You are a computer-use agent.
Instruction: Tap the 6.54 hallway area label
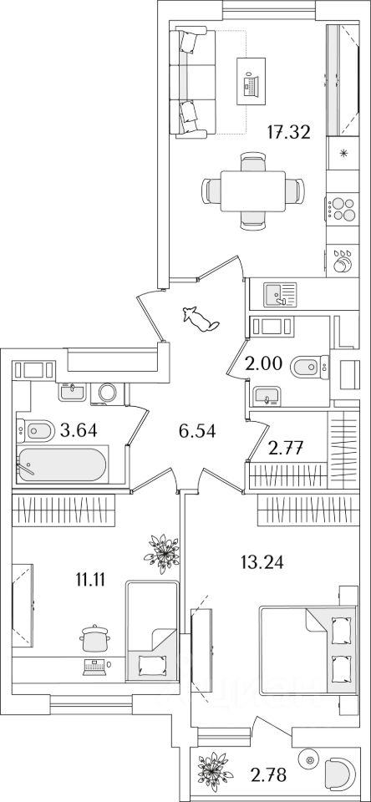(x=197, y=431)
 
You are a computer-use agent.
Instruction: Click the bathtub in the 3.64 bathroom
(x=61, y=464)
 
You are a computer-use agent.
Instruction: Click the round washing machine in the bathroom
(x=108, y=393)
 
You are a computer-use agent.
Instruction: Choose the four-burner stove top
(x=341, y=208)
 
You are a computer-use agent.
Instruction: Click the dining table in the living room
(x=253, y=190)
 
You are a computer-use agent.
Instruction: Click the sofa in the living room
(x=188, y=84)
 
